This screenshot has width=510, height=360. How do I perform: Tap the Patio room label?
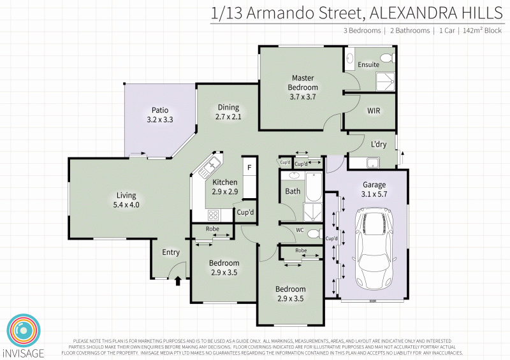pos(160,110)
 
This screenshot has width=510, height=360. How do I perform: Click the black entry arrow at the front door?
pos(178,278)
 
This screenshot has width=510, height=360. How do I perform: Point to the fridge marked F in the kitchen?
pos(249,168)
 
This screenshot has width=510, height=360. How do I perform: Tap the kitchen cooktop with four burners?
pos(214,214)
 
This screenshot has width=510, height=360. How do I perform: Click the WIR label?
pos(374,110)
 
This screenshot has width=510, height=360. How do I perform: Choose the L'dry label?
pos(379,144)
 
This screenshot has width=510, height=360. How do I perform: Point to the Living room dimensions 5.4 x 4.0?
pos(126,205)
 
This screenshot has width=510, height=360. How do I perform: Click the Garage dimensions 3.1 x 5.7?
pos(375,194)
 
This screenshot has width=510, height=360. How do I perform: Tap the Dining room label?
pos(228,107)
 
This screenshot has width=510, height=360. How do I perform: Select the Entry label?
pos(171,252)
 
